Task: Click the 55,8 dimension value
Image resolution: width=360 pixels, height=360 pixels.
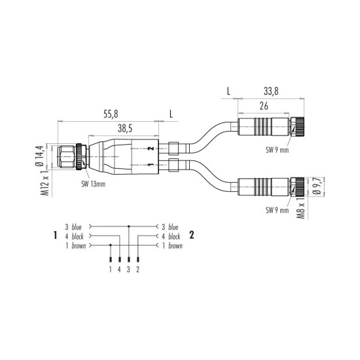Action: click(111, 114)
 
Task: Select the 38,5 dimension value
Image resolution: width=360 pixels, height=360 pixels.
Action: click(125, 129)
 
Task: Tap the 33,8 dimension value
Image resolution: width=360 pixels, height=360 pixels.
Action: click(271, 91)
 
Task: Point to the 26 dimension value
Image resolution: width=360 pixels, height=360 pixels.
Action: click(264, 106)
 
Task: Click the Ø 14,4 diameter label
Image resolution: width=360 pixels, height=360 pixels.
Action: click(39, 156)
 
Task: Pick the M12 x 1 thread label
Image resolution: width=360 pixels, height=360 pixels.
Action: click(45, 183)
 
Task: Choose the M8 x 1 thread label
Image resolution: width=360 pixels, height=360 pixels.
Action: click(301, 207)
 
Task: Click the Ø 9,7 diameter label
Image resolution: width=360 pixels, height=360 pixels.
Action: click(317, 187)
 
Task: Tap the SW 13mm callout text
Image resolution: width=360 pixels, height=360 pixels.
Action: click(93, 184)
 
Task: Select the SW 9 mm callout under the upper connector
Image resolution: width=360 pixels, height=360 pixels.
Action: click(277, 150)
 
